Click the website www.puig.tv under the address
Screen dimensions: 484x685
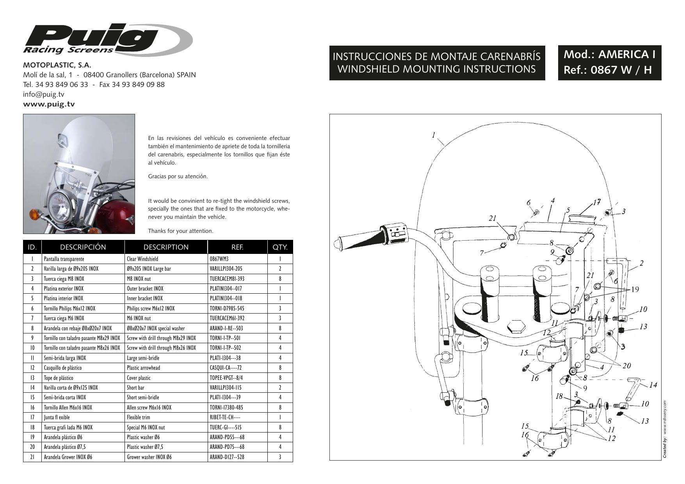49,104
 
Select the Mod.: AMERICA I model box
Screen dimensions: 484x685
609,62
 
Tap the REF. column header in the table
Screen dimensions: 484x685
237,247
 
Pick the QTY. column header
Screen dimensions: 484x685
280,247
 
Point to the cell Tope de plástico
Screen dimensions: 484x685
58,378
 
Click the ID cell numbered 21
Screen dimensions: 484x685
32,457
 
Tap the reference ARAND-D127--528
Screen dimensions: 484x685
227,457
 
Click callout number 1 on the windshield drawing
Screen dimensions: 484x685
434,135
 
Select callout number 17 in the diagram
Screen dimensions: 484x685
596,202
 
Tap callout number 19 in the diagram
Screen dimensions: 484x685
635,289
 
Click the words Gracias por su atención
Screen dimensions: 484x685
178,176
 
